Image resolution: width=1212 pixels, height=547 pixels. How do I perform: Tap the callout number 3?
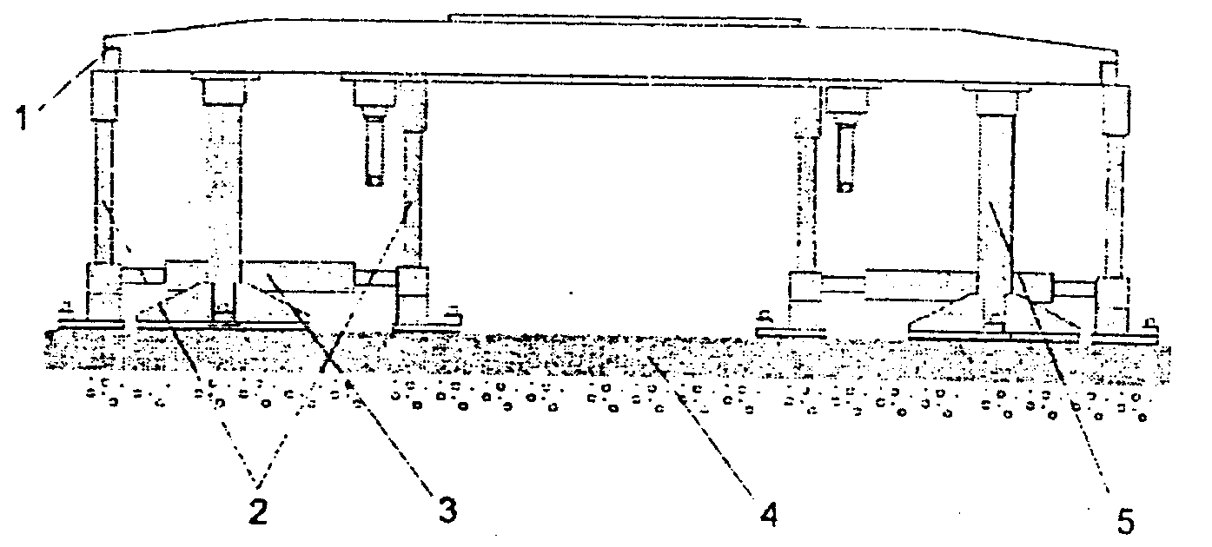pyautogui.click(x=447, y=511)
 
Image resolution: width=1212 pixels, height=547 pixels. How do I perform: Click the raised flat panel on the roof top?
pyautogui.click(x=623, y=16)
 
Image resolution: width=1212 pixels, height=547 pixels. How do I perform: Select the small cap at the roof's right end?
pyautogui.click(x=1109, y=69)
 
